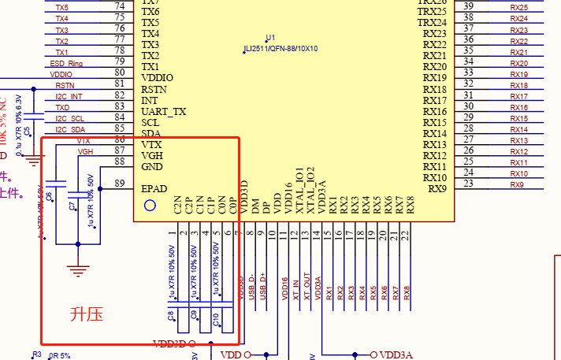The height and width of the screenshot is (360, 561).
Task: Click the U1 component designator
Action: tap(270, 38)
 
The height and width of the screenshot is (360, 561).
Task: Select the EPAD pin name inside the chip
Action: tap(154, 189)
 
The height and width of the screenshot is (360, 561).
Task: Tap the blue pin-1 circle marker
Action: tap(150, 206)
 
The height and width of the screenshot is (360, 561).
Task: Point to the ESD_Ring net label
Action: tap(67, 63)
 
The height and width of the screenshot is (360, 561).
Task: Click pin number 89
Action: tap(120, 184)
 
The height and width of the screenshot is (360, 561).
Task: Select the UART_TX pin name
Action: tap(164, 112)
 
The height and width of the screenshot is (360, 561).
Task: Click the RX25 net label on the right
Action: tap(519, 7)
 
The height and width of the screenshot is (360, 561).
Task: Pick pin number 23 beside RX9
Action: tap(469, 184)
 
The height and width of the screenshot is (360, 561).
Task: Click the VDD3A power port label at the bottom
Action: tap(396, 355)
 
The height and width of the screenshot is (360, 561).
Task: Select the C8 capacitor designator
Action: tap(171, 316)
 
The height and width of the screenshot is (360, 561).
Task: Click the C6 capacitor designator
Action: tap(49, 195)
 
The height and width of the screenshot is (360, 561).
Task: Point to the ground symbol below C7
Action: tap(76, 272)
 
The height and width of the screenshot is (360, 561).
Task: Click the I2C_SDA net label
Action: tap(70, 129)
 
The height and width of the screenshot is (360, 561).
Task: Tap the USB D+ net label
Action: tap(262, 287)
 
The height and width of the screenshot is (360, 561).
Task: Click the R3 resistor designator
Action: tap(36, 354)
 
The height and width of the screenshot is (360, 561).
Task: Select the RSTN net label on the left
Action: tap(65, 85)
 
